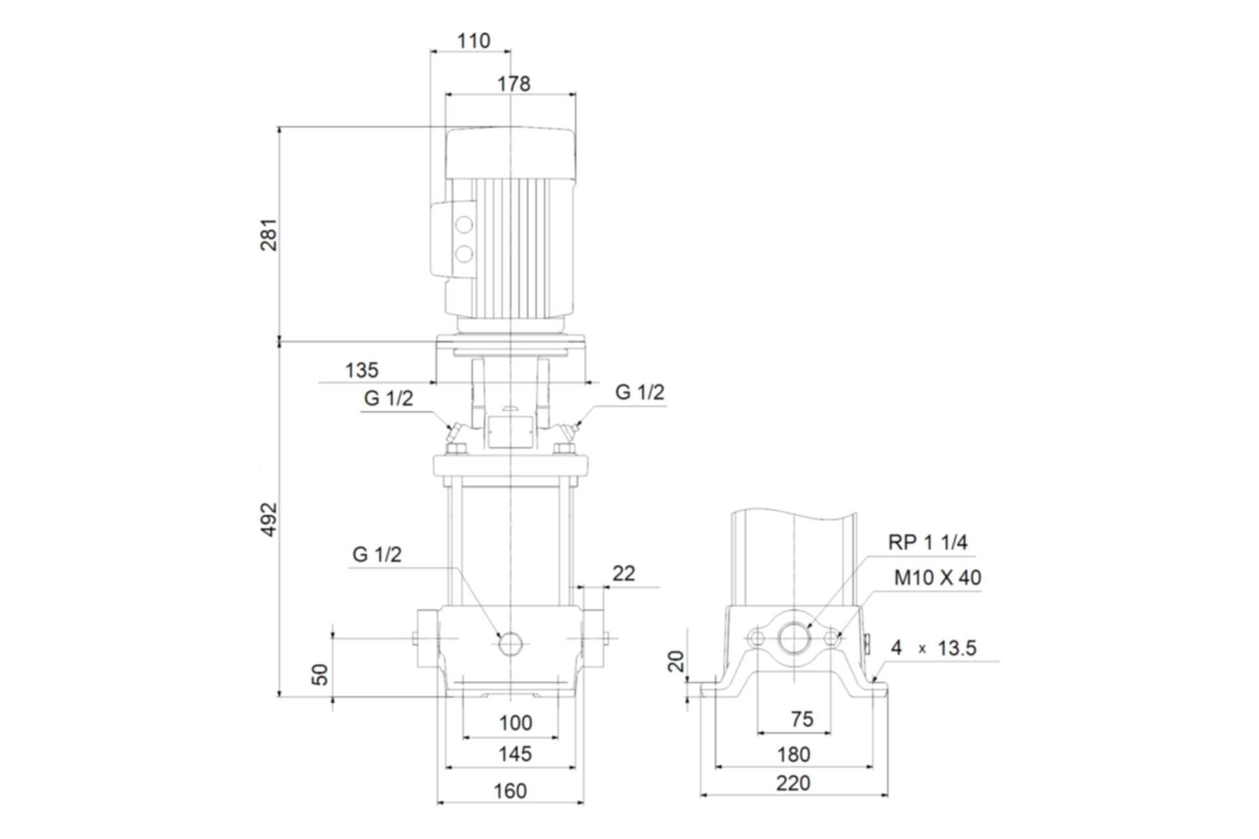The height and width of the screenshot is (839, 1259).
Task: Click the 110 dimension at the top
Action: click(473, 41)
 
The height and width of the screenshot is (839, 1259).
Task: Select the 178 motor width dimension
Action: click(513, 84)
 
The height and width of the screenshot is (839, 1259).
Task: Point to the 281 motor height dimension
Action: click(270, 235)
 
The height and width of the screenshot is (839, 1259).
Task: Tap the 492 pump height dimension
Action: click(270, 520)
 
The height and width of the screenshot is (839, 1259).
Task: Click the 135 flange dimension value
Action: click(362, 370)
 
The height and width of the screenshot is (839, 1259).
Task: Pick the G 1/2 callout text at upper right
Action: click(639, 392)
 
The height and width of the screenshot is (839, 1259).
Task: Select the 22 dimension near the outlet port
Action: click(624, 574)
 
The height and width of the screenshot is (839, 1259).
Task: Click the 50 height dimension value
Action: click(319, 674)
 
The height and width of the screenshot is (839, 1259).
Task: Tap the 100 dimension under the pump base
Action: click(515, 723)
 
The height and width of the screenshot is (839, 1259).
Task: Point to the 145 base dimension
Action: click(515, 754)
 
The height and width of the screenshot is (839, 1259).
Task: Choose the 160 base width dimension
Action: click(510, 791)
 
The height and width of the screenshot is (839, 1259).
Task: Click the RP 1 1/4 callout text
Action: click(927, 542)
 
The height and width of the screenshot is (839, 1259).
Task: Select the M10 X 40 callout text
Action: click(938, 577)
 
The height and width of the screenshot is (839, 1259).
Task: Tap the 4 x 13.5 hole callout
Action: click(934, 648)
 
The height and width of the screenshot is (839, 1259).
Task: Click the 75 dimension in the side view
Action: click(802, 719)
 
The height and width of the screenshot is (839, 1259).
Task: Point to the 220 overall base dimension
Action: click(793, 783)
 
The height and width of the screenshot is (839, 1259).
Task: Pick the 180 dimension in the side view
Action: click(793, 754)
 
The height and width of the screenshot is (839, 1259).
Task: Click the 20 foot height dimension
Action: click(675, 661)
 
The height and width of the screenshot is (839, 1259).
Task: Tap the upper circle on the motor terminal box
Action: click(464, 225)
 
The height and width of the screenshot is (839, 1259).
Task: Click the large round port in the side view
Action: click(794, 638)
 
